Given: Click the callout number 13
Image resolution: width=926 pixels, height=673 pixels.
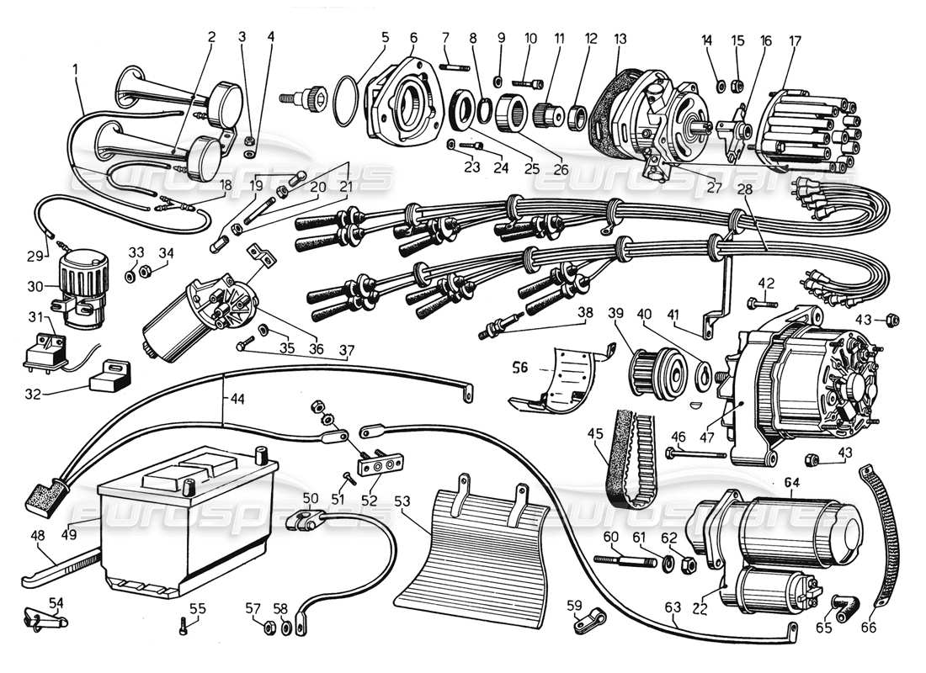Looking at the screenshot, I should click(620, 39).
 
